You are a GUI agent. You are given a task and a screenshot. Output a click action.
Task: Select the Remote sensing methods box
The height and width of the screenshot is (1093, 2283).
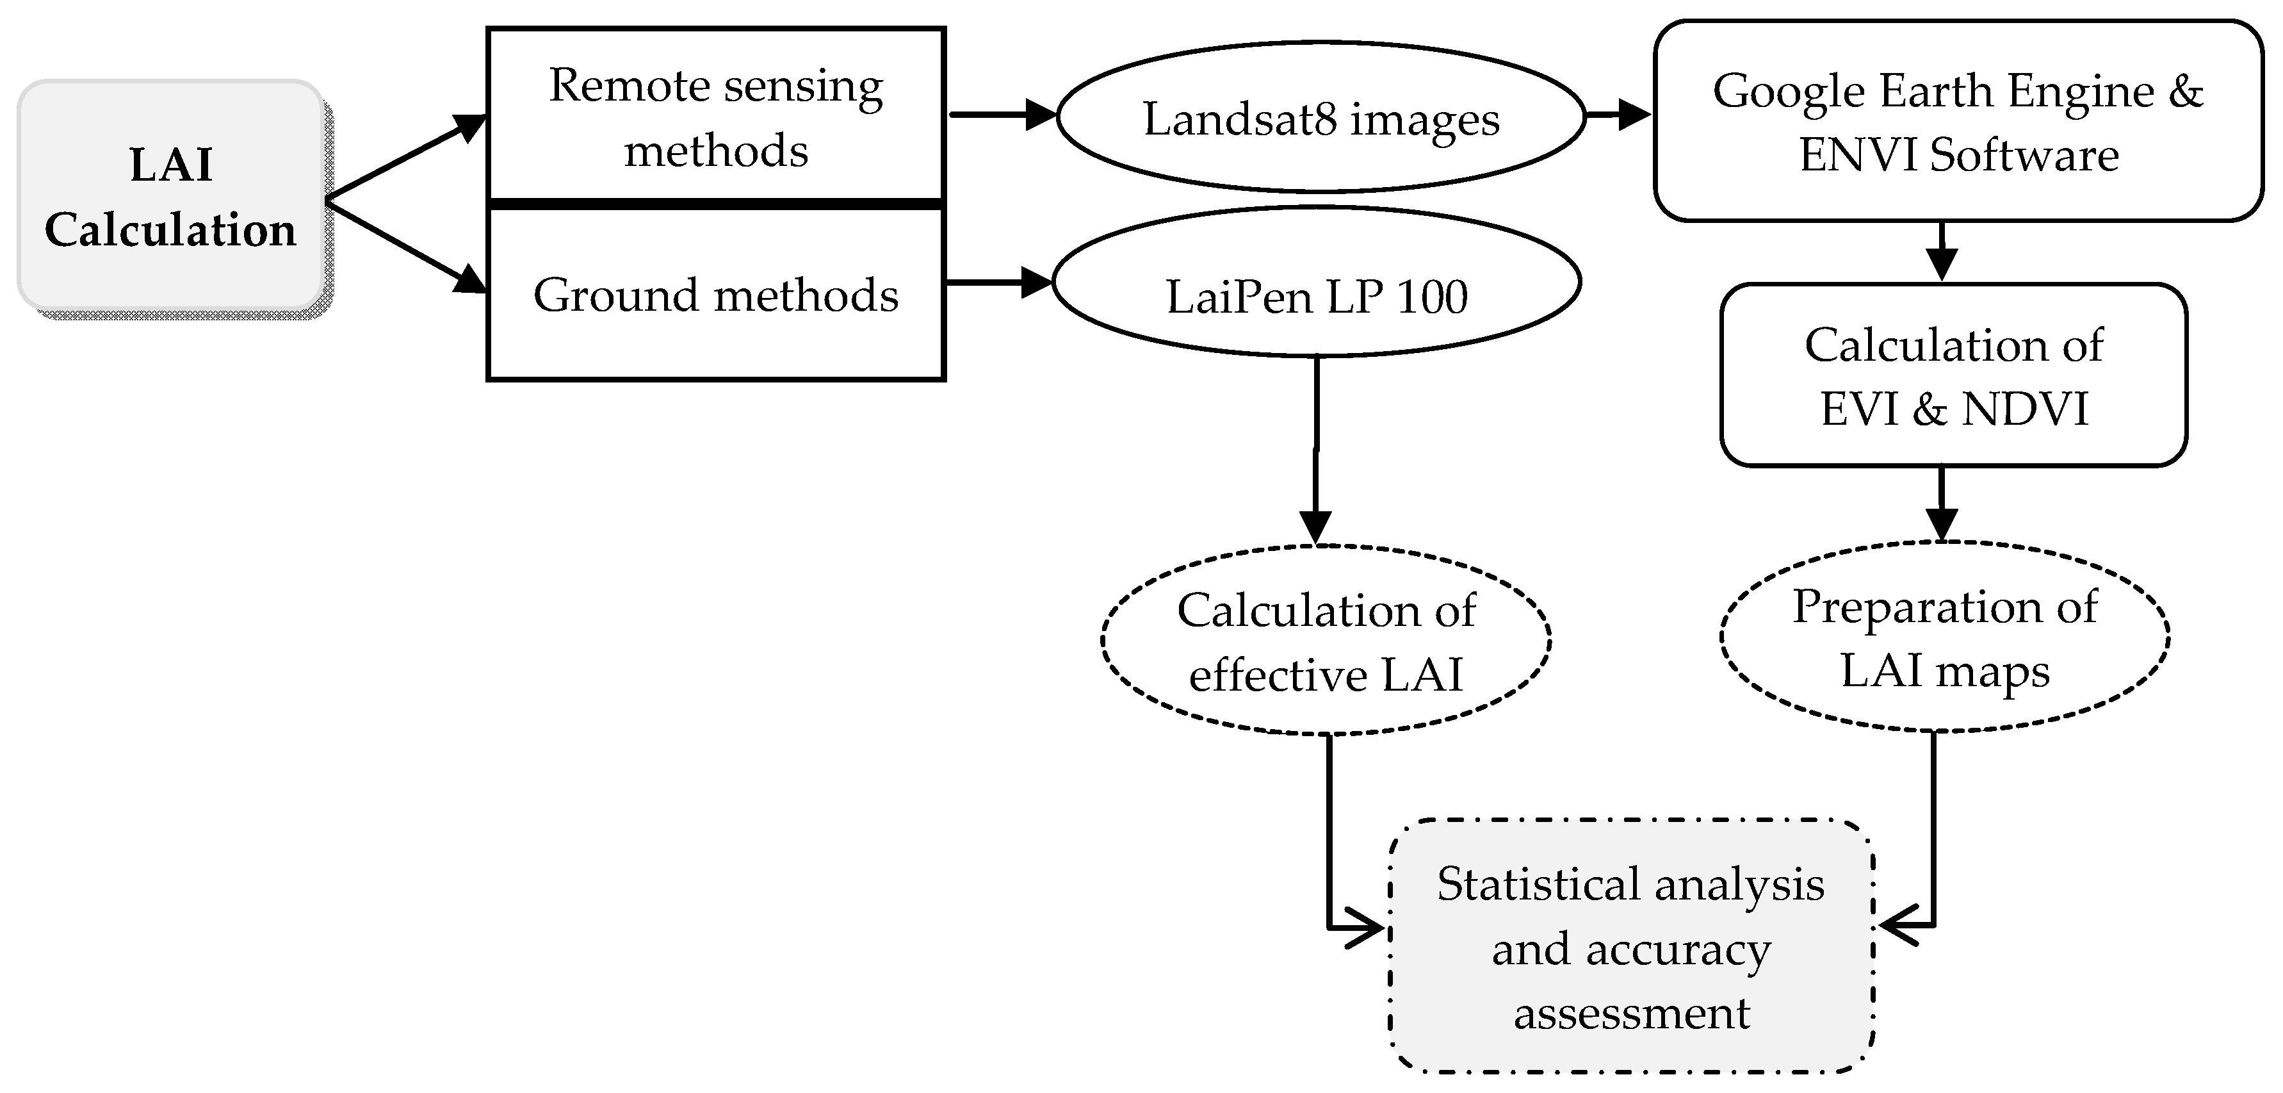pos(715,115)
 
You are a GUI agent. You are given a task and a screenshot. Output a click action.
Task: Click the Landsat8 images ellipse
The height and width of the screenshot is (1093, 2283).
pos(1320,117)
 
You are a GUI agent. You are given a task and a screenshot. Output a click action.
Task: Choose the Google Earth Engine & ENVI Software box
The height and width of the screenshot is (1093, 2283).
pos(1958,122)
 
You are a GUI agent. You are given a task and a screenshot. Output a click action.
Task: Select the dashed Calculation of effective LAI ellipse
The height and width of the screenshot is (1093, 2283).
pos(1325,641)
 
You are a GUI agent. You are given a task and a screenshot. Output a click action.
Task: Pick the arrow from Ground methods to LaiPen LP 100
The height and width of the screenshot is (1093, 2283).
pos(998,283)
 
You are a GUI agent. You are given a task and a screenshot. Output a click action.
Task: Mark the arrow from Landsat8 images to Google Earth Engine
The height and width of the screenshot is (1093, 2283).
pos(1618,114)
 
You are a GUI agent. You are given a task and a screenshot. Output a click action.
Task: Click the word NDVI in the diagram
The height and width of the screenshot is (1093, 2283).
pos(2025,409)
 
